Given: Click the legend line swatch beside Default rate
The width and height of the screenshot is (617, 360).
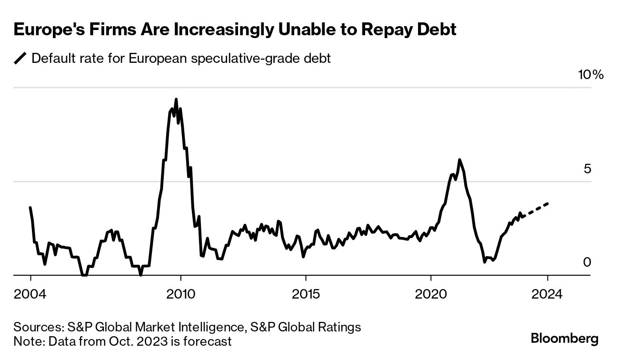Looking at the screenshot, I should pos(20,59).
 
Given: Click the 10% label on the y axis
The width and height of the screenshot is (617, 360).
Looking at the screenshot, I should pos(590,75).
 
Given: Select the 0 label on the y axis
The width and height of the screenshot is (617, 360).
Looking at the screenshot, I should pos(587,262).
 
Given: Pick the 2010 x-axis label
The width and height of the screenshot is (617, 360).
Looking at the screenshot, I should pos(180,294).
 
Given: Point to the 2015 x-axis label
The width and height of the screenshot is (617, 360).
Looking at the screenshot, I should pos(306,294).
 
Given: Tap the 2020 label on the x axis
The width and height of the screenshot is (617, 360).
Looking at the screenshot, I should pos(430,294).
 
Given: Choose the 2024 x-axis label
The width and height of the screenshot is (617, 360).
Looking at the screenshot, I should pos(547,294).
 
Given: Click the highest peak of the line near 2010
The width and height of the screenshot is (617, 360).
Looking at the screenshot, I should pos(176,99).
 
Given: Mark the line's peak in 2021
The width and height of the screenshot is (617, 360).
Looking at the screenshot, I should pos(459,160).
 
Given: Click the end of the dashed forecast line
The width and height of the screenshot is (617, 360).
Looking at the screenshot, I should pos(547,203).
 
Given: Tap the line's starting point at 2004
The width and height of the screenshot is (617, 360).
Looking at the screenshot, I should pos(30,208).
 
